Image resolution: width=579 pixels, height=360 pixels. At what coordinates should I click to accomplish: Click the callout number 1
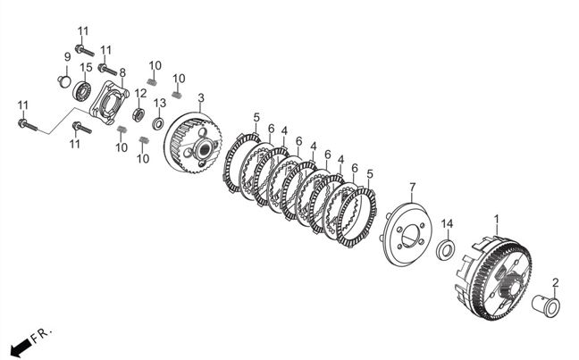coord(497,219)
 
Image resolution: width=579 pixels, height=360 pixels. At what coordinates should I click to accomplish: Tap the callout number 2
coord(556,283)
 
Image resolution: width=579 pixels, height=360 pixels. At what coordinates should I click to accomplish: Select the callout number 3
coord(201,98)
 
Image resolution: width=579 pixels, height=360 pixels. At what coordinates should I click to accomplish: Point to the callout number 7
coord(413,188)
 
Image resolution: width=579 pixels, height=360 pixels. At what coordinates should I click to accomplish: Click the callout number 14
coord(447,223)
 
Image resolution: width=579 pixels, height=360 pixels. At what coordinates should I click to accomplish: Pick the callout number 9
coord(67,57)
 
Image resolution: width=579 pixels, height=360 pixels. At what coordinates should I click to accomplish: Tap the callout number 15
coord(86,68)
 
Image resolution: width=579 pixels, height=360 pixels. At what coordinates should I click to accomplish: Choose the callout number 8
coord(122,72)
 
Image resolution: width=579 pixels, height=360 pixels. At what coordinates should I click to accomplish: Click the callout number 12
coord(140,93)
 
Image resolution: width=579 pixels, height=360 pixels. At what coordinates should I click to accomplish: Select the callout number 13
coord(160,103)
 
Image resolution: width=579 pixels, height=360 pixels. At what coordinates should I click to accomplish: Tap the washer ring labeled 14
coord(446,249)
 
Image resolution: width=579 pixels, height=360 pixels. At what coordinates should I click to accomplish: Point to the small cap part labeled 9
coord(64,81)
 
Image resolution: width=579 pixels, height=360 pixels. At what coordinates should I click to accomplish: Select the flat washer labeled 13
coord(159,123)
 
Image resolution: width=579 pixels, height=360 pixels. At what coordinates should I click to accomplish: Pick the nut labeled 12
coord(138,114)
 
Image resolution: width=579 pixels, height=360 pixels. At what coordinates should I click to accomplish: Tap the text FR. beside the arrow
coord(41,335)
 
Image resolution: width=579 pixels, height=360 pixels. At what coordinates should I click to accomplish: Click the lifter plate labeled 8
coord(109,103)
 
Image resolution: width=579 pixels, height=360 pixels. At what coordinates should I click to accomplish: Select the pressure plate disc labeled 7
coord(407,234)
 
